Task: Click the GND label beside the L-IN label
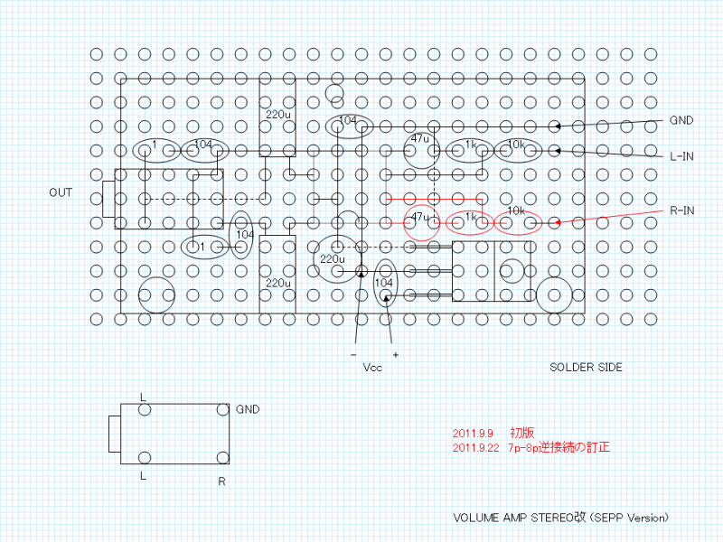[681, 120]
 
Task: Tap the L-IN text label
[681, 156]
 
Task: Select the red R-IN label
[681, 210]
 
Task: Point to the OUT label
[61, 192]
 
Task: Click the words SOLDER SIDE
[586, 368]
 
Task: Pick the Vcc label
[372, 369]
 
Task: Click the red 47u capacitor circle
[420, 222]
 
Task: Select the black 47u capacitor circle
[420, 151]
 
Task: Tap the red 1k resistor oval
[470, 222]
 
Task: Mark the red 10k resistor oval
[516, 222]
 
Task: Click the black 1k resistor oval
[470, 150]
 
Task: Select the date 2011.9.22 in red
[475, 446]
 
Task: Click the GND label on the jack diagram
[247, 409]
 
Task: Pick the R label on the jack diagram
[221, 481]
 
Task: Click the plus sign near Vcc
[395, 355]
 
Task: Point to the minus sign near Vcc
[353, 355]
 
